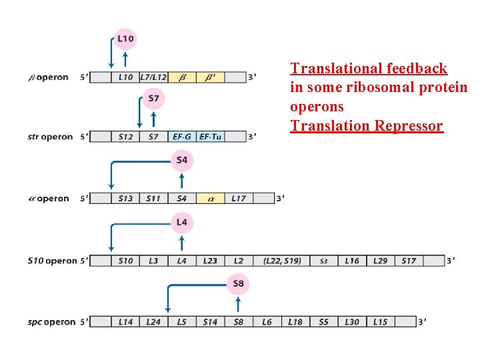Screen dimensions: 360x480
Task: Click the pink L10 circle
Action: click(125, 39)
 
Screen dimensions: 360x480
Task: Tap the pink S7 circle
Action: click(153, 99)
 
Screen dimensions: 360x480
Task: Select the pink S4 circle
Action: click(182, 160)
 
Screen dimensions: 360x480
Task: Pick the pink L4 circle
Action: click(182, 222)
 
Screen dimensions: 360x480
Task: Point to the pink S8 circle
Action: click(238, 285)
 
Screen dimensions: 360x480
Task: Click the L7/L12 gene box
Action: click(153, 77)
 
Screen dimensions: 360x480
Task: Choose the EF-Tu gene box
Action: click(210, 137)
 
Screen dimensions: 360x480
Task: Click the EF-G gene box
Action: click(181, 137)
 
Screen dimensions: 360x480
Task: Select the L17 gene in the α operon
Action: click(238, 198)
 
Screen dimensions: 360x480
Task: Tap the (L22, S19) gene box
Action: click(282, 261)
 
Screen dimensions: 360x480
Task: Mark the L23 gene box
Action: click(210, 261)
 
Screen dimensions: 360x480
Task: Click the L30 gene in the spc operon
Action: click(351, 322)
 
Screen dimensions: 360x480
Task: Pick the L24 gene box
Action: click(153, 322)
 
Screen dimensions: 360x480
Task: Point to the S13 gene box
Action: click(125, 198)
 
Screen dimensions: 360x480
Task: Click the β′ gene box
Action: click(210, 77)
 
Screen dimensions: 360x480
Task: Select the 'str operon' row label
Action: click(50, 137)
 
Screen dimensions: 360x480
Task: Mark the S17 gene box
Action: click(409, 261)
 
